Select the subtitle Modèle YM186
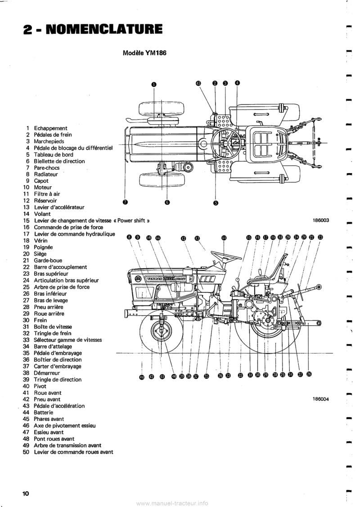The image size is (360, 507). (x=145, y=52)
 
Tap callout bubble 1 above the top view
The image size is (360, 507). (x=153, y=84)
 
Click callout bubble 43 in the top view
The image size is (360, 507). (x=198, y=83)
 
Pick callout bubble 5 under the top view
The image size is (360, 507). (x=216, y=203)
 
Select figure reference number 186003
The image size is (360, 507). (x=321, y=220)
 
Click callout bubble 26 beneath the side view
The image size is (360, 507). (x=309, y=374)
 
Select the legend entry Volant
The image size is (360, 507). (x=42, y=214)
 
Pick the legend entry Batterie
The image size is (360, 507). (x=44, y=412)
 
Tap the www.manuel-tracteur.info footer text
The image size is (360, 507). (x=175, y=503)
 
